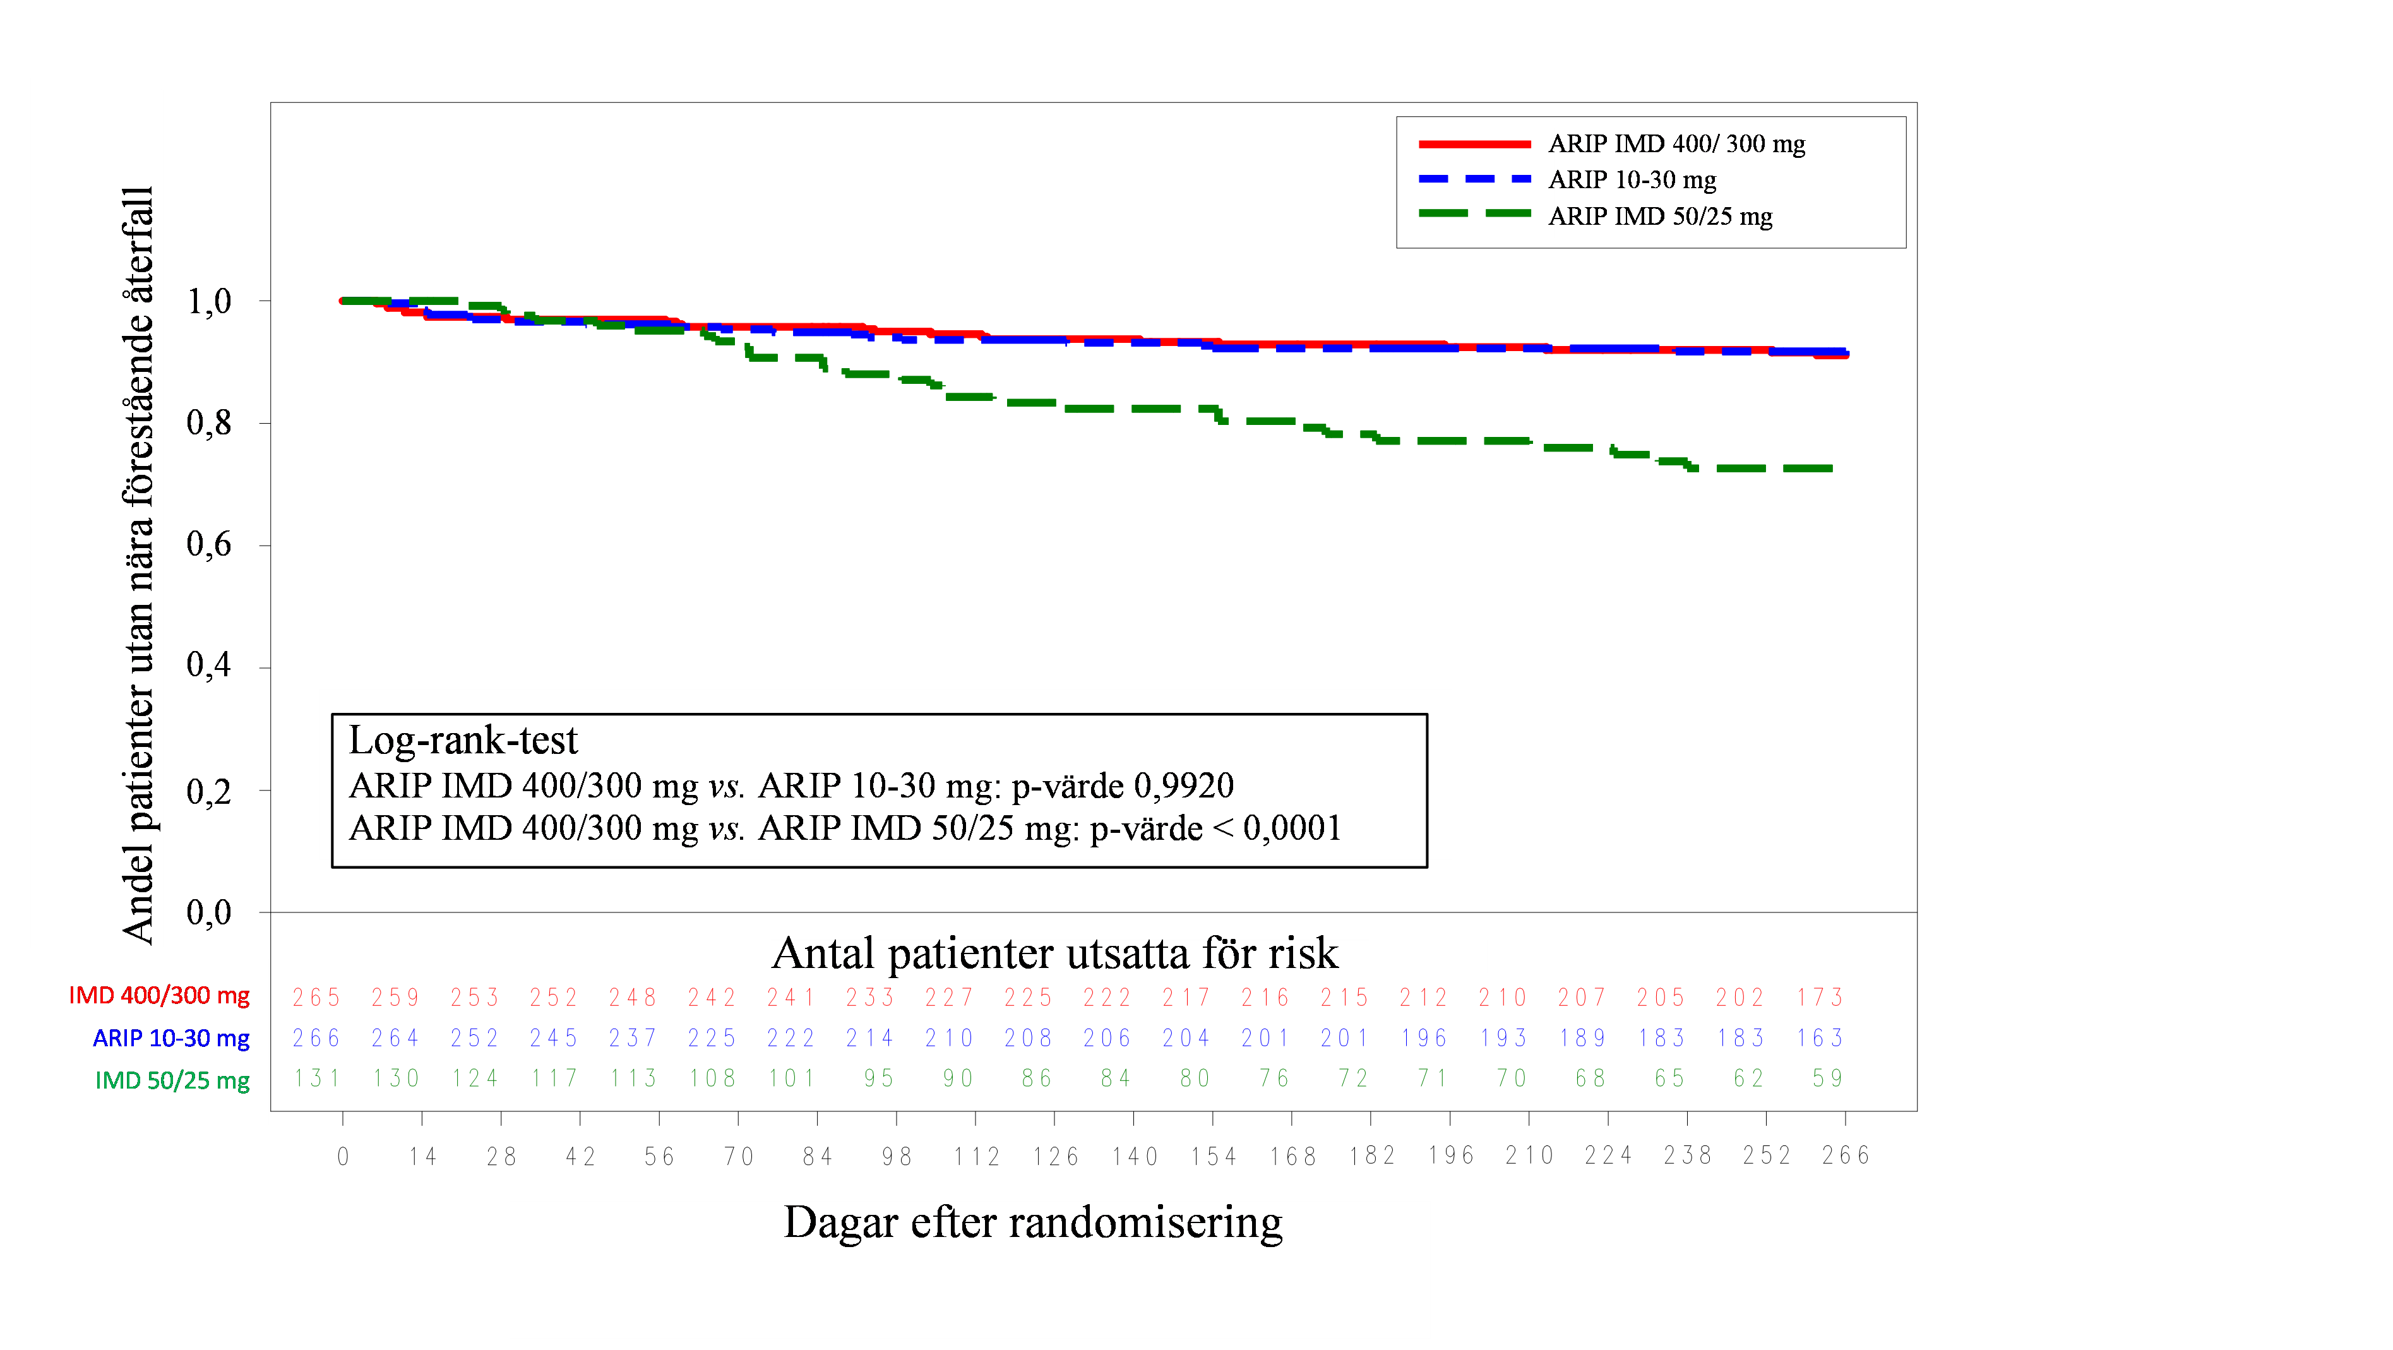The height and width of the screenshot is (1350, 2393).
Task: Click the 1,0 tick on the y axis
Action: pyautogui.click(x=209, y=302)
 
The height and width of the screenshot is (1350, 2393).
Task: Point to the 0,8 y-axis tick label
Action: pyautogui.click(x=209, y=423)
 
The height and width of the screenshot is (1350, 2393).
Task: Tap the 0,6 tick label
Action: pyautogui.click(x=209, y=544)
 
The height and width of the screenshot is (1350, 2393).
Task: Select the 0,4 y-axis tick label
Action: pyautogui.click(x=209, y=664)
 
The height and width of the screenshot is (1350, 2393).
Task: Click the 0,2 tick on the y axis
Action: pyautogui.click(x=209, y=792)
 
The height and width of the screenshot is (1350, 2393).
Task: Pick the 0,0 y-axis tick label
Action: pyautogui.click(x=209, y=912)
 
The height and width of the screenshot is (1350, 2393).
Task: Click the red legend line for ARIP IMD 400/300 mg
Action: pyautogui.click(x=1474, y=144)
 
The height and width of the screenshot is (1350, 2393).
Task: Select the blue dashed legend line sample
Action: pyautogui.click(x=1474, y=179)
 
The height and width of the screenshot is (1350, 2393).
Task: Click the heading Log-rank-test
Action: pyautogui.click(x=463, y=741)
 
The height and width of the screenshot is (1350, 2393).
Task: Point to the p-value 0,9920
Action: pyautogui.click(x=1183, y=786)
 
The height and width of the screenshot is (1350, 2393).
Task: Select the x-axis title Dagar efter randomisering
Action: pyautogui.click(x=1032, y=1222)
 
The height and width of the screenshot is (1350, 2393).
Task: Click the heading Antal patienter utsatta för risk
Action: pyautogui.click(x=1054, y=954)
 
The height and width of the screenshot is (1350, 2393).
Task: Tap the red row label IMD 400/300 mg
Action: pyautogui.click(x=159, y=995)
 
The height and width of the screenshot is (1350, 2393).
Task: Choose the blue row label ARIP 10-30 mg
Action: pyautogui.click(x=171, y=1038)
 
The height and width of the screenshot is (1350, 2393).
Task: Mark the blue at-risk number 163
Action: pyautogui.click(x=1819, y=1038)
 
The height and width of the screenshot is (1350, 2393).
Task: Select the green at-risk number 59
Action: pyautogui.click(x=1827, y=1078)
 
